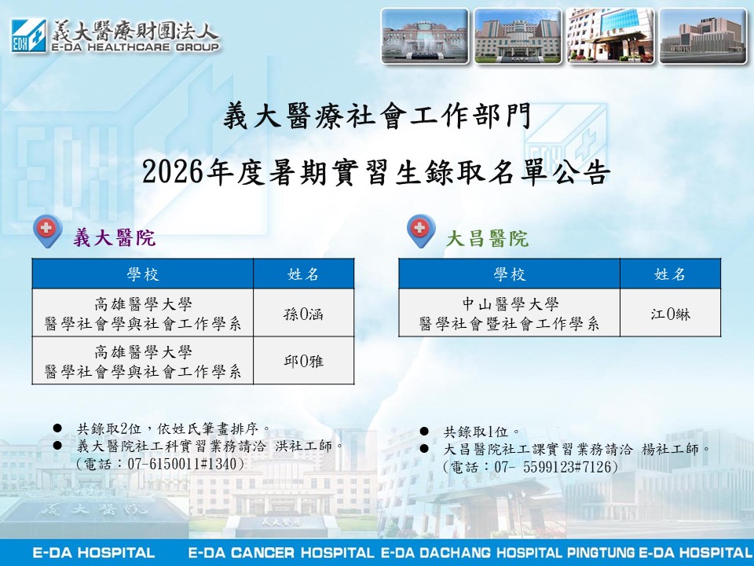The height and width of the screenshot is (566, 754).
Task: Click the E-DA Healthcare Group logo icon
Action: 29,35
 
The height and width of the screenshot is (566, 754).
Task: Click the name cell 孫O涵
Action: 303,314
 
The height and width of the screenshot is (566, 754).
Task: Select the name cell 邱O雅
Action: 303,361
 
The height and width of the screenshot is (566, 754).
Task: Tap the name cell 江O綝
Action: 670,314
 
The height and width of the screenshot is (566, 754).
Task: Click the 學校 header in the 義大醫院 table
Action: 143,274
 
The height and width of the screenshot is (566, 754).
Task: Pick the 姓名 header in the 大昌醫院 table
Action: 670,274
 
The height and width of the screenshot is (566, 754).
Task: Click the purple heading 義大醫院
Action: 115,237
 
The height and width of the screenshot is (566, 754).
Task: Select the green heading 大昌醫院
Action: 487,238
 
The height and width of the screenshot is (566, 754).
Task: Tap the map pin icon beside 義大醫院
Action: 47,231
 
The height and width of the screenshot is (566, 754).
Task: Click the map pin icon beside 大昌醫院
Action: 421,231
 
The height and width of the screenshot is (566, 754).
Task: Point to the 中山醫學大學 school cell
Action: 509,314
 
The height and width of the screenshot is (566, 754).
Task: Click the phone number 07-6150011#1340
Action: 182,464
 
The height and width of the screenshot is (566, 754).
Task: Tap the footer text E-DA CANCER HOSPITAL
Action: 281,553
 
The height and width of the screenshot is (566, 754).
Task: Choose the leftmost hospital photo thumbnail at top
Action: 425,36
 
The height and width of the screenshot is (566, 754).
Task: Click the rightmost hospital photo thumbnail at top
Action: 702,36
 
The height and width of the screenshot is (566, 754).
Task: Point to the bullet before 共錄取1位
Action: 424,432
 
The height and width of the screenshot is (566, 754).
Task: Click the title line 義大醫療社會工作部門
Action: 377,117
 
